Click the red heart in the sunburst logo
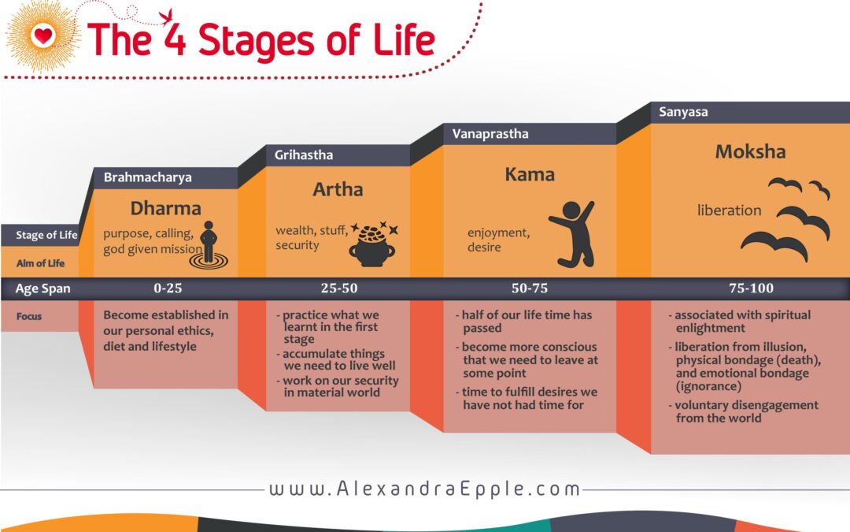point(42,36)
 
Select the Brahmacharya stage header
point(147,177)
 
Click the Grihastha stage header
point(304,155)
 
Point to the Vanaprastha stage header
point(490,133)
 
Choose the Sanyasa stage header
point(683,112)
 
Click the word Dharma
point(165,208)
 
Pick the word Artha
point(338,189)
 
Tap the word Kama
point(530,175)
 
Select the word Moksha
point(750,151)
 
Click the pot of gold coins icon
point(372,244)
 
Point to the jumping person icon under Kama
point(574,234)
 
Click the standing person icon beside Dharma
point(208,245)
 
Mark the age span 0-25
point(168,288)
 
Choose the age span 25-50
point(338,288)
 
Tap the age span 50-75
point(530,288)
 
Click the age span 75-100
point(751,288)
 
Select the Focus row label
point(29,317)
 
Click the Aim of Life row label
point(40,263)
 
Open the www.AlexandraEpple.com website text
point(424,489)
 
